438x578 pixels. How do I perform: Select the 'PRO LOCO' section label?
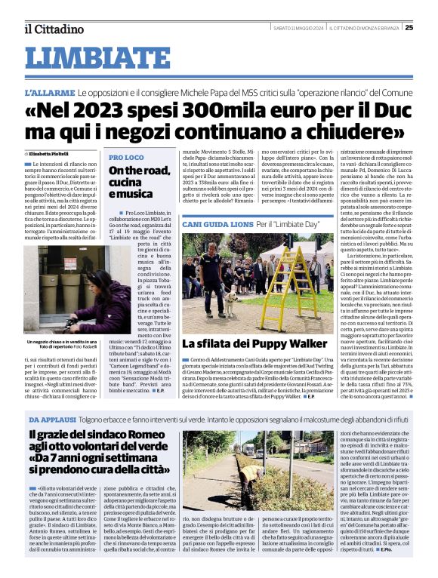coord(125,157)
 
